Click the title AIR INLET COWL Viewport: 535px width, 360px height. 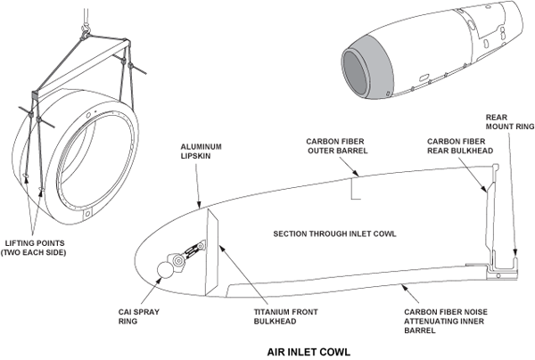click(x=308, y=350)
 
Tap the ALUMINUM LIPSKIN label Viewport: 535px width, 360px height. click(x=202, y=151)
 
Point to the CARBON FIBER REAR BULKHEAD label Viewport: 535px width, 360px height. click(x=457, y=145)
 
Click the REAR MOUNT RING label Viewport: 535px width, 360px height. click(x=507, y=123)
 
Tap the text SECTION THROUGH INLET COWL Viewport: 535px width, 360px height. click(x=335, y=234)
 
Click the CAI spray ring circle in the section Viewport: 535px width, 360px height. click(x=166, y=270)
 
